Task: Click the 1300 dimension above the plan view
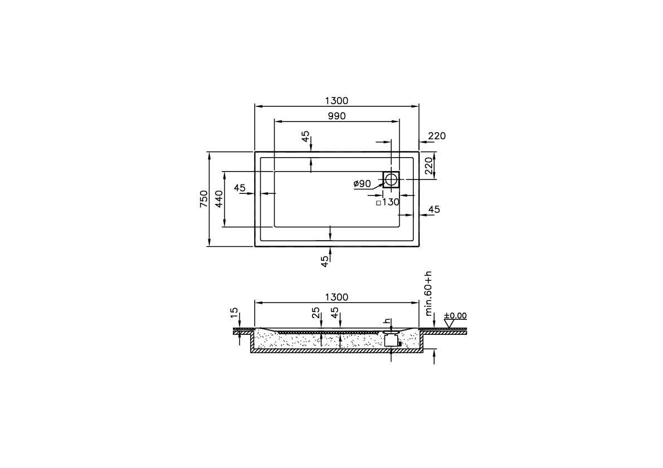tap(337, 101)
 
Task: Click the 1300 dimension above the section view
tap(337, 297)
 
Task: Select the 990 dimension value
tap(337, 116)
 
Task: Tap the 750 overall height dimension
tap(204, 199)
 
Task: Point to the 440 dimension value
tap(218, 199)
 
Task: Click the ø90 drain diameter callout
tap(362, 183)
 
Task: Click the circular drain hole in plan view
tap(392, 179)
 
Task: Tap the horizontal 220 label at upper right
tap(437, 136)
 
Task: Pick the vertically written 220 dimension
tap(429, 165)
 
